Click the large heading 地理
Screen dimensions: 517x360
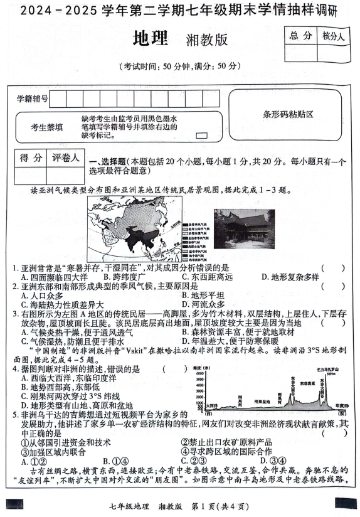click(151, 40)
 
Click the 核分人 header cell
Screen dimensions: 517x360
click(332, 36)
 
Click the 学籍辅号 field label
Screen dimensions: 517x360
click(32, 99)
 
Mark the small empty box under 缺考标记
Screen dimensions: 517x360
click(201, 135)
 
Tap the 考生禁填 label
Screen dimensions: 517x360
click(46, 127)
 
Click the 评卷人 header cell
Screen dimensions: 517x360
click(65, 157)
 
